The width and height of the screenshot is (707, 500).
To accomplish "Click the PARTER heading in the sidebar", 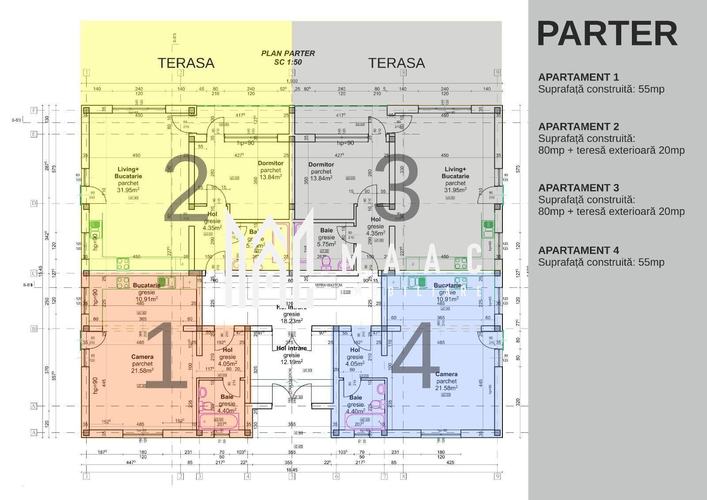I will (x=607, y=34).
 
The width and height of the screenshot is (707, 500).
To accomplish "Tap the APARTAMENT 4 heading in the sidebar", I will (x=578, y=250).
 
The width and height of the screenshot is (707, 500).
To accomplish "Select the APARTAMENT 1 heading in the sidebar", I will (x=578, y=77).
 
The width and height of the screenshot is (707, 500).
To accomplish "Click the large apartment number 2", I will (x=186, y=188).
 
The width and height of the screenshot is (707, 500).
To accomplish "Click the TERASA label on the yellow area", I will (x=186, y=63).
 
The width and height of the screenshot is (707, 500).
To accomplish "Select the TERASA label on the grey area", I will (x=396, y=63).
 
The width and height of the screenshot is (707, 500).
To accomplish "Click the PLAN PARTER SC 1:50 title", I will (x=288, y=57).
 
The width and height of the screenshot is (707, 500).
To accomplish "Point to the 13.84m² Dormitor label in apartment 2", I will (x=270, y=170).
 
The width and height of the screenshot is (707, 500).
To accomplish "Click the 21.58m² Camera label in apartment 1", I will (x=142, y=364).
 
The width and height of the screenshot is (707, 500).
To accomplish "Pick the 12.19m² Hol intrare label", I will (x=291, y=355).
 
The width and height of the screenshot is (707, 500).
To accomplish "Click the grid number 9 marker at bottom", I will (x=498, y=476).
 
